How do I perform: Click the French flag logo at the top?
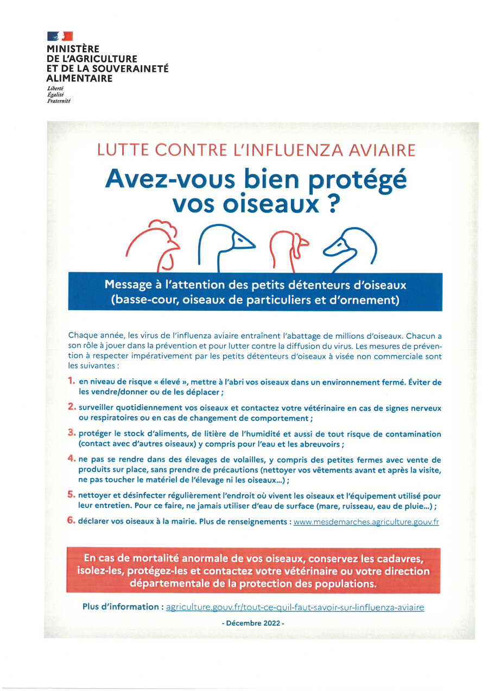[60, 36]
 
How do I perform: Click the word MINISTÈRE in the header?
[73, 49]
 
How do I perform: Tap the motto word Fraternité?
[59, 100]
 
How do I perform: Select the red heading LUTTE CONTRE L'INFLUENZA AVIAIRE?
[257, 150]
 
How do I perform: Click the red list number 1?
[71, 381]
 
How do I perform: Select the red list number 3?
[71, 433]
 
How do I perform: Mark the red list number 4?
[71, 459]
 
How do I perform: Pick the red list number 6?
[71, 520]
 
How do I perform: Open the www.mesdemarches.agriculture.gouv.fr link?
[365, 522]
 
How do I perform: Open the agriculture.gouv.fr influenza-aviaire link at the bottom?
[295, 607]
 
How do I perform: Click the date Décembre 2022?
[253, 624]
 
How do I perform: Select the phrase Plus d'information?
[122, 607]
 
